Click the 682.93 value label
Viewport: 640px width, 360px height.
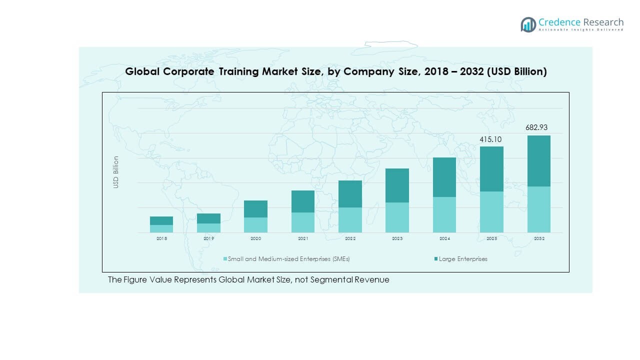point(536,128)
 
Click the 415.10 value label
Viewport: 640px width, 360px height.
point(490,139)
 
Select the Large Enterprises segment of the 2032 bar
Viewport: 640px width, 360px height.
point(539,161)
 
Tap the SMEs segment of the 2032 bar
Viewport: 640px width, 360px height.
point(539,209)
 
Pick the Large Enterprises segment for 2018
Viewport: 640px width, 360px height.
point(161,220)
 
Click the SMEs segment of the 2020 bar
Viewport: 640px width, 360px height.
point(255,225)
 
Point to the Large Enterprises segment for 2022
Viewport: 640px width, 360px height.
point(350,194)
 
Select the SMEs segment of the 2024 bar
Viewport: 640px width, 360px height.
point(444,214)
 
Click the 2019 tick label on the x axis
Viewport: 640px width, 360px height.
point(208,239)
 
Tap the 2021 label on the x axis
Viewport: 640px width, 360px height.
point(303,239)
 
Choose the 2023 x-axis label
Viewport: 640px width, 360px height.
point(397,239)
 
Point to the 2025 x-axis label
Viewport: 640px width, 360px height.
point(492,239)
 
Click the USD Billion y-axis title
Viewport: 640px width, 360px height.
point(116,172)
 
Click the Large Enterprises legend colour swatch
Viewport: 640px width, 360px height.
point(436,259)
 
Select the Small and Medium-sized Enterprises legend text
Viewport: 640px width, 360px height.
point(288,259)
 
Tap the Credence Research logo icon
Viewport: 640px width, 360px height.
point(528,24)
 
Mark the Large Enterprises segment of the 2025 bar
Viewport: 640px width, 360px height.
point(492,169)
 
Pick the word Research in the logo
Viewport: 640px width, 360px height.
point(602,22)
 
